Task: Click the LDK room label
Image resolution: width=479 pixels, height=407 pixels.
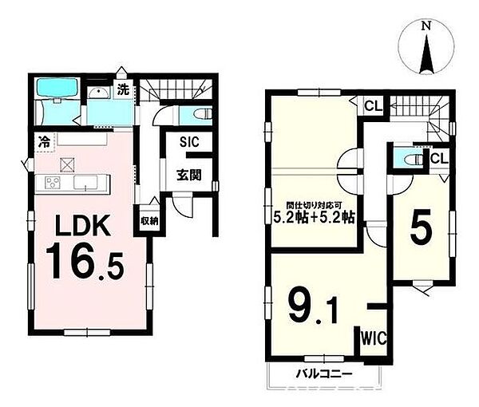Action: click(x=83, y=226)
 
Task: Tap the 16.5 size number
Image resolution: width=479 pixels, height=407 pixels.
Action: click(x=85, y=261)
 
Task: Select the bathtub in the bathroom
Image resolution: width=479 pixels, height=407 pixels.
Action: click(x=57, y=88)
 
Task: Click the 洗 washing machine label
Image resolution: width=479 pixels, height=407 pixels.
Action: click(x=124, y=89)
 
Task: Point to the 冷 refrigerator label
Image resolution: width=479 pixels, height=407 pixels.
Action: click(x=44, y=142)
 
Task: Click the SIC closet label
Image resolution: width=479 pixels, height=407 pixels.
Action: click(x=189, y=142)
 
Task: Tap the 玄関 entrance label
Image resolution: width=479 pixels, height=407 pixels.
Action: click(x=189, y=175)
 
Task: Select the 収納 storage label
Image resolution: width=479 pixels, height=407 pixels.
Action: click(x=149, y=220)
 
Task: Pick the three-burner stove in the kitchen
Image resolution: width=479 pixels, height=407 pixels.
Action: click(x=53, y=183)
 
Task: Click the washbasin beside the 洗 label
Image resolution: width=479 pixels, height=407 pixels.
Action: click(x=98, y=93)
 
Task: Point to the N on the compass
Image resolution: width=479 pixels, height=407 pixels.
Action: click(x=426, y=26)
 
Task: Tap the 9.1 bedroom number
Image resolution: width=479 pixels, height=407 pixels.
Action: click(x=314, y=305)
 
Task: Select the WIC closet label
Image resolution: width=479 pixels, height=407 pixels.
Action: click(x=374, y=338)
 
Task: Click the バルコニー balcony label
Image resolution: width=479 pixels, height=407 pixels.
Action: click(x=324, y=373)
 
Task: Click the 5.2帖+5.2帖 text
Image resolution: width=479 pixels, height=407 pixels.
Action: click(x=314, y=217)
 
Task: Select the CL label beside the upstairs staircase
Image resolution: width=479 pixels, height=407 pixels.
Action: click(x=374, y=106)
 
